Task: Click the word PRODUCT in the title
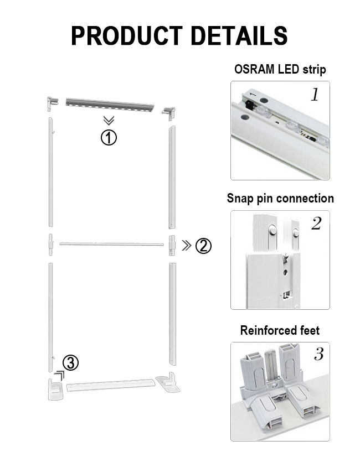127,35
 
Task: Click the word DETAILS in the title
239,35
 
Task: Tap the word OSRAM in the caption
254,69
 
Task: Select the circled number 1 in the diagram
109,138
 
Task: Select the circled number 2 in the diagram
203,246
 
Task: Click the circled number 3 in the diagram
70,363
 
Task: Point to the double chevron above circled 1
109,120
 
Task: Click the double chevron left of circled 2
187,246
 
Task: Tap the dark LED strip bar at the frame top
110,105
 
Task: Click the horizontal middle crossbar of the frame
111,244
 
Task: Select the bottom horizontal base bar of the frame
111,385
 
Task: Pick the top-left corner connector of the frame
53,104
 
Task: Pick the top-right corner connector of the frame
169,113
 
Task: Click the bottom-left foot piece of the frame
55,389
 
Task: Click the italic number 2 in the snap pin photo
316,224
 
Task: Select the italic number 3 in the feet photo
319,354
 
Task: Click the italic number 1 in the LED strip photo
315,95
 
